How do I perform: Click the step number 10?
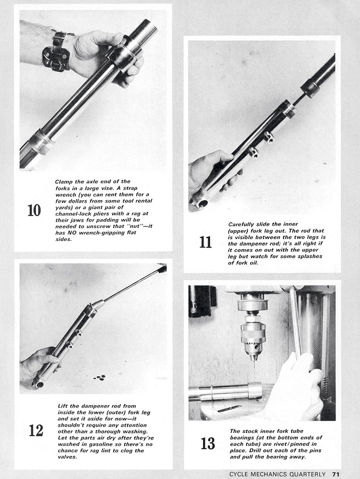pyautogui.click(x=34, y=210)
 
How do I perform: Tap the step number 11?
pyautogui.click(x=205, y=242)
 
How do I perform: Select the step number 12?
pyautogui.click(x=36, y=430)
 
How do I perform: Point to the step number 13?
pyautogui.click(x=207, y=443)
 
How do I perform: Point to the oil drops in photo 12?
pyautogui.click(x=100, y=377)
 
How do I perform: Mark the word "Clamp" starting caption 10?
pyautogui.click(x=64, y=181)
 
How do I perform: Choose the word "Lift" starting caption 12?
pyautogui.click(x=64, y=405)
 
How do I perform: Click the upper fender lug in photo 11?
pyautogui.click(x=269, y=137)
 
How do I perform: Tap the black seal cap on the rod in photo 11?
pyautogui.click(x=310, y=88)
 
